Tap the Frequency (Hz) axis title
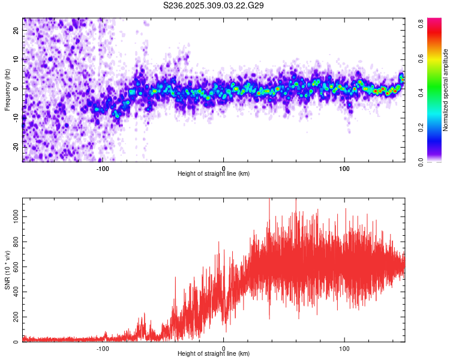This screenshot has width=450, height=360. [x=7, y=90]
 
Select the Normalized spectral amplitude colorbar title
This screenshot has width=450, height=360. [x=446, y=90]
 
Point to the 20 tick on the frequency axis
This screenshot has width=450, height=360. [x=16, y=30]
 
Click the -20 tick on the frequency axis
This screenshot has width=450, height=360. [x=15, y=147]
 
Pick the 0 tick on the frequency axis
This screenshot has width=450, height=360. [x=18, y=88]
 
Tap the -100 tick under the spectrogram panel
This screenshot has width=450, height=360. [x=102, y=168]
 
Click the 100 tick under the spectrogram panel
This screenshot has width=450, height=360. [x=344, y=168]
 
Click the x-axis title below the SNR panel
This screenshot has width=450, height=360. [x=214, y=354]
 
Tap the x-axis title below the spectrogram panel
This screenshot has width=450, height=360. [x=214, y=174]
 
